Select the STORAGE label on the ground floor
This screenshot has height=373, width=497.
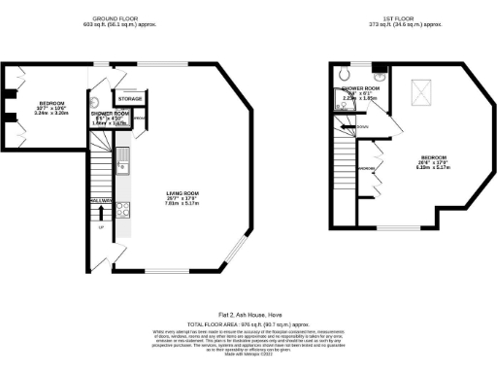pyautogui.click(x=130, y=99)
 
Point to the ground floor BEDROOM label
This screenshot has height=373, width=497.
pyautogui.click(x=52, y=103)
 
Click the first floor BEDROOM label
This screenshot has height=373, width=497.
pyautogui.click(x=433, y=156)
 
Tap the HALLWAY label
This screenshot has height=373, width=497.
pyautogui.click(x=102, y=200)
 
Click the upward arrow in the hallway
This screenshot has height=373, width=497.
pyautogui.click(x=102, y=213)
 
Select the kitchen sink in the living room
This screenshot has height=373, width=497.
pyautogui.click(x=123, y=156)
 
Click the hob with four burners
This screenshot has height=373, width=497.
pyautogui.click(x=123, y=208)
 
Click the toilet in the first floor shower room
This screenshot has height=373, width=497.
pyautogui.click(x=347, y=76)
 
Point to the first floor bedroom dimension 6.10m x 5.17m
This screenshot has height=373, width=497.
pyautogui.click(x=433, y=167)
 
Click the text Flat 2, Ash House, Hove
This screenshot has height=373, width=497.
pyautogui.click(x=248, y=315)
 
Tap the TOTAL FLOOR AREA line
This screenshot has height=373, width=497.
pyautogui.click(x=248, y=323)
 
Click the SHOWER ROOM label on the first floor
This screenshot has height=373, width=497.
pyautogui.click(x=359, y=88)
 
